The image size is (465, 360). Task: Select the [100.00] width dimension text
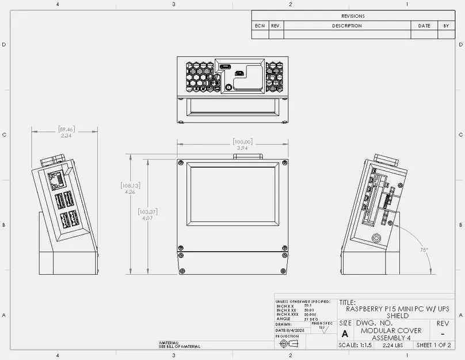click(x=243, y=142)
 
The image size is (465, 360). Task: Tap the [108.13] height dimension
click(x=130, y=186)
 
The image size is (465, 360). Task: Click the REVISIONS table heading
click(x=353, y=16)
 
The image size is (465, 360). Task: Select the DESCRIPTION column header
click(x=347, y=26)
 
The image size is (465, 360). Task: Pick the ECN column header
click(x=260, y=26)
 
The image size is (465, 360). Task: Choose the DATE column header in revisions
click(x=424, y=26)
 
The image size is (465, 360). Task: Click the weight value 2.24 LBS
click(x=392, y=345)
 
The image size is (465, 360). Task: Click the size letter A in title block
click(x=345, y=334)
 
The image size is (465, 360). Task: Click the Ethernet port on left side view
click(x=57, y=180)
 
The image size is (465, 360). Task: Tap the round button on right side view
click(x=377, y=238)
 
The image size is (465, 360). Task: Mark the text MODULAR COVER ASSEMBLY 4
click(x=391, y=334)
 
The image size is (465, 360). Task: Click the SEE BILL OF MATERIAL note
click(x=180, y=346)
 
